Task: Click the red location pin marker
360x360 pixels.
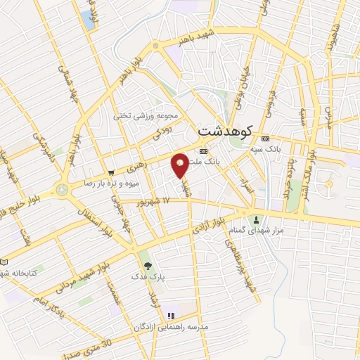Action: tap(180, 165)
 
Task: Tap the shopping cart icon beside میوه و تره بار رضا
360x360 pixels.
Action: tap(111, 172)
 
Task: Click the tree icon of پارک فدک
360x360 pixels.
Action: tap(148, 266)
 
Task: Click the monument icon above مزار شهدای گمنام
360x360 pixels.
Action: tap(256, 219)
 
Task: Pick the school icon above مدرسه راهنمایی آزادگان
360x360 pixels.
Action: tap(170, 316)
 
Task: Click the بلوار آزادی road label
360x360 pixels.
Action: tap(208, 226)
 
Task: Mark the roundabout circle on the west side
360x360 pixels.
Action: tap(63, 190)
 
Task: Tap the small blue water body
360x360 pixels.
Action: tap(90, 19)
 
